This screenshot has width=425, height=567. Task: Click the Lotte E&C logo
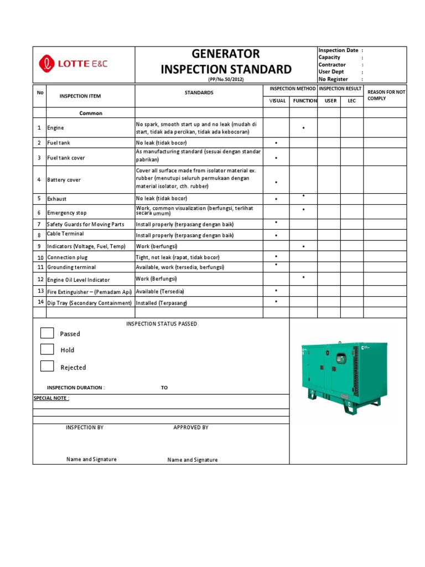(x=73, y=64)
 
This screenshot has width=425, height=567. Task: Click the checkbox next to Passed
(x=47, y=333)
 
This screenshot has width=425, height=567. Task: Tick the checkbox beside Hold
(x=47, y=349)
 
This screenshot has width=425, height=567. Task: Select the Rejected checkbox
(x=47, y=366)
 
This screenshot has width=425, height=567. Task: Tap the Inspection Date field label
(x=338, y=50)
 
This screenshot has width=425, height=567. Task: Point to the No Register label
(x=333, y=79)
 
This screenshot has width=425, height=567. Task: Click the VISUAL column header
(x=277, y=101)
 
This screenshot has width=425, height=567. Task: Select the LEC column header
(x=352, y=101)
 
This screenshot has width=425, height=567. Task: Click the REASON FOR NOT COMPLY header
(x=386, y=95)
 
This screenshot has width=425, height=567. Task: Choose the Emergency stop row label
(x=66, y=213)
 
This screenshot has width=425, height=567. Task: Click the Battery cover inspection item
(x=64, y=180)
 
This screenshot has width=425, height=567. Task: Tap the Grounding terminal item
(x=71, y=267)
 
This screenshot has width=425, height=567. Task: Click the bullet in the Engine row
(x=304, y=128)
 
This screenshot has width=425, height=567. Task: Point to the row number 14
(x=40, y=302)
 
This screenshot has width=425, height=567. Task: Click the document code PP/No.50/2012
(x=226, y=79)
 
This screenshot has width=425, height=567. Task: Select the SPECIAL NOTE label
(x=51, y=398)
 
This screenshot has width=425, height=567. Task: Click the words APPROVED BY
(x=190, y=427)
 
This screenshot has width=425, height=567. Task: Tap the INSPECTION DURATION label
(x=76, y=388)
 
